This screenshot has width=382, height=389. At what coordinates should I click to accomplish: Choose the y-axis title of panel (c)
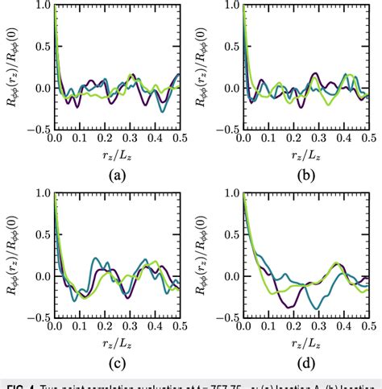pos(18,256)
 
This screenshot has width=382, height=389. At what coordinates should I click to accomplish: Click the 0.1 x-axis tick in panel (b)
pos(270,138)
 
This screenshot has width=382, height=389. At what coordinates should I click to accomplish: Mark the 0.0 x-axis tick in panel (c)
pos(55,326)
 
